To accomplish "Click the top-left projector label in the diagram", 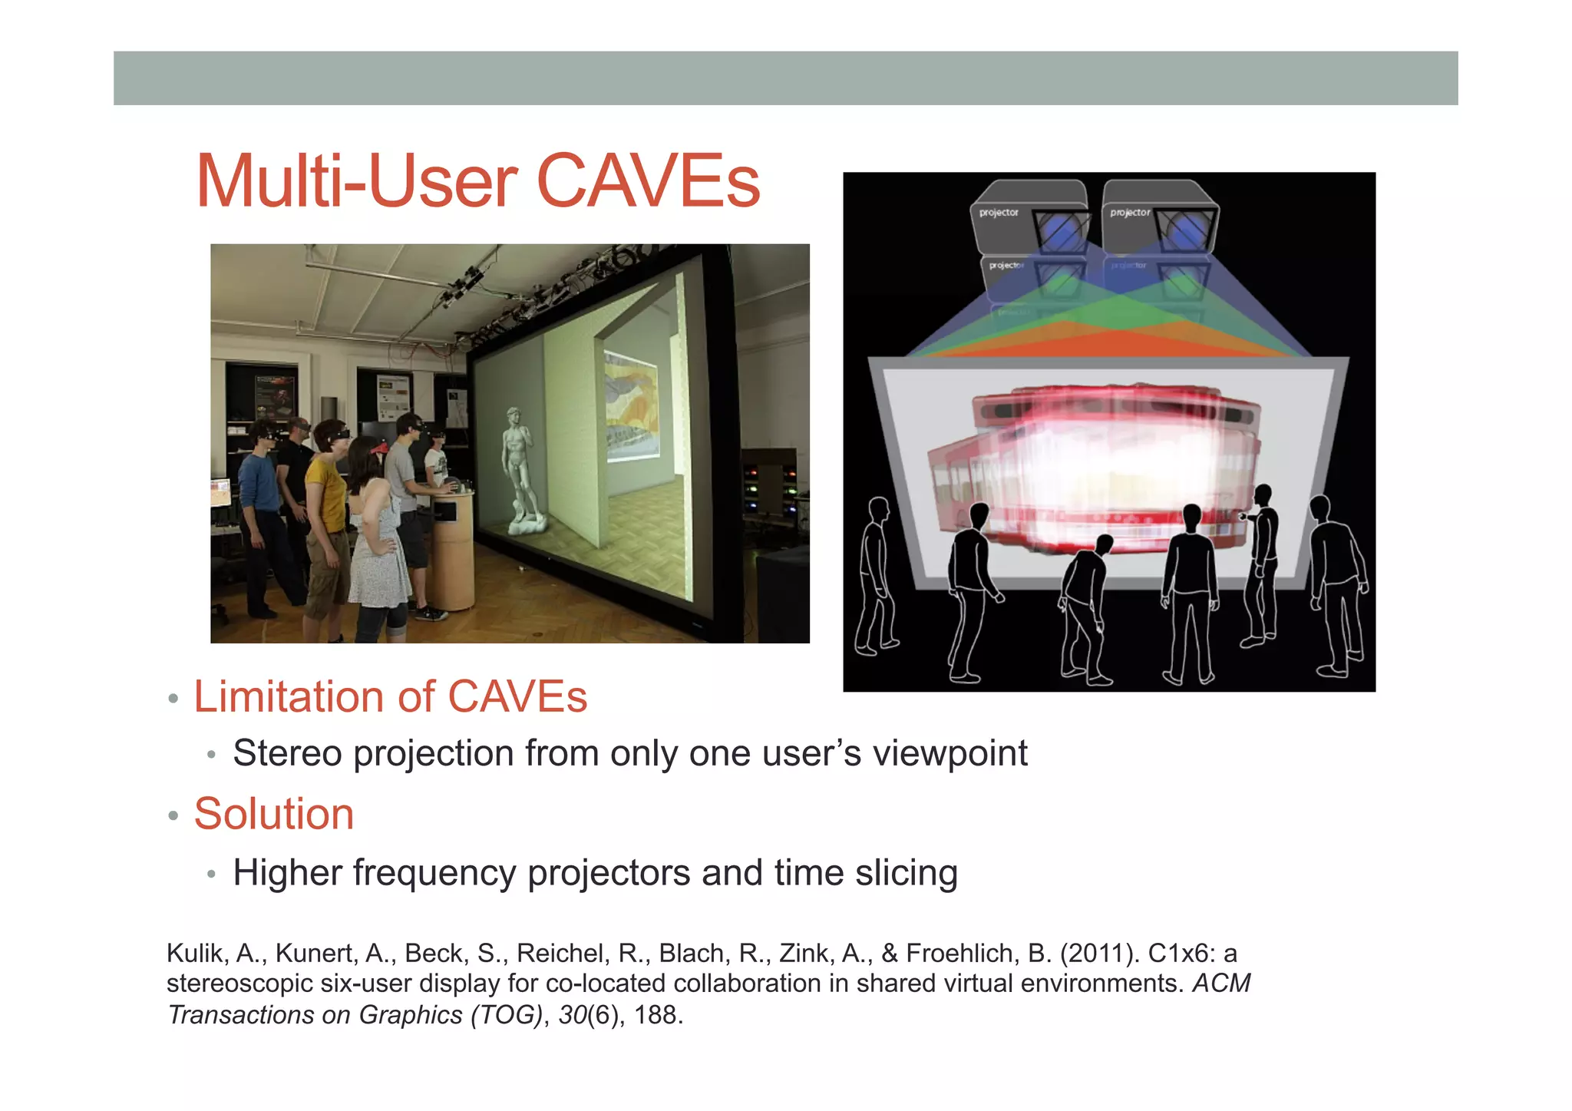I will pyautogui.click(x=998, y=213).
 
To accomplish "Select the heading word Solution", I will pyautogui.click(x=274, y=814).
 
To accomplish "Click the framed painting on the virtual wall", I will pyautogui.click(x=631, y=407).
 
